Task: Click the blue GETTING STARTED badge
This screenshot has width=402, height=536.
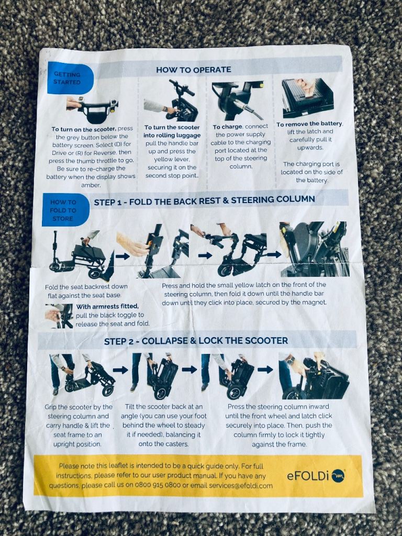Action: [70, 79]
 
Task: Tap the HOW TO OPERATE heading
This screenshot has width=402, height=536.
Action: [194, 70]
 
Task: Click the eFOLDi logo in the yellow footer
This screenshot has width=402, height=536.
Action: [316, 475]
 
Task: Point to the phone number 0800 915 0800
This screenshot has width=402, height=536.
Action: [158, 485]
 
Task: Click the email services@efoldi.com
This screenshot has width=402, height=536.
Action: [231, 485]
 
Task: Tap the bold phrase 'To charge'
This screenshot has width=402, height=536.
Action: [227, 127]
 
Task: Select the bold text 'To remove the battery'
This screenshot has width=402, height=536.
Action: [309, 124]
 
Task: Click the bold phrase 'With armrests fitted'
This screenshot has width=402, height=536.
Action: [107, 306]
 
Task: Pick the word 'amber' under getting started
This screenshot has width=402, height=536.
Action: [91, 185]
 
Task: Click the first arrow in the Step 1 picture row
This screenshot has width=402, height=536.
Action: [122, 256]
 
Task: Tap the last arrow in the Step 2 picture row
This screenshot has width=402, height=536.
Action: [265, 370]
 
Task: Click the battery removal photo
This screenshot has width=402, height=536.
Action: [308, 98]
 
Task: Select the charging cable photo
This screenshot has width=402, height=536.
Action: [238, 100]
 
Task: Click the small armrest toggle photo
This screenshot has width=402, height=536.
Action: [59, 316]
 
